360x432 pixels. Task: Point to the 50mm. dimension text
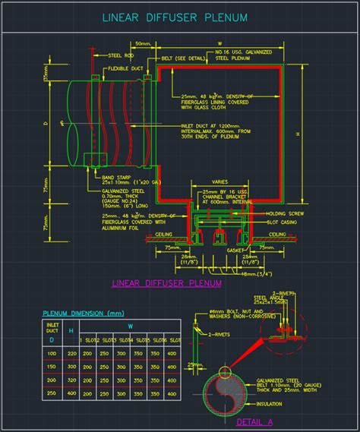tap(141, 45)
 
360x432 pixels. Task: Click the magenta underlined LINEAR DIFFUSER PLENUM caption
tap(166, 283)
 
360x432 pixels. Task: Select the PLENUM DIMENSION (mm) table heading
tap(83, 313)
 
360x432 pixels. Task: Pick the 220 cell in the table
tap(72, 353)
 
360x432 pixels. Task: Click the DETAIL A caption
tap(254, 421)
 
